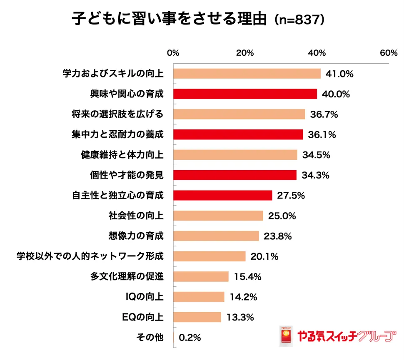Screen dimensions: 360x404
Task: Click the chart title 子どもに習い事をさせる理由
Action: point(169,20)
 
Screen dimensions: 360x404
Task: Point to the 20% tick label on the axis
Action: point(245,53)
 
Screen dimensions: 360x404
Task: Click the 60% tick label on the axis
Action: point(389,53)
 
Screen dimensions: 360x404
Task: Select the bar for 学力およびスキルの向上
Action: point(247,74)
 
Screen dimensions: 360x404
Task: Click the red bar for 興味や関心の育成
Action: point(245,94)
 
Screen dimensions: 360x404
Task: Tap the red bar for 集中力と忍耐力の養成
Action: point(238,134)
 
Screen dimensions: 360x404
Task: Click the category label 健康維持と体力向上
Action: point(122,155)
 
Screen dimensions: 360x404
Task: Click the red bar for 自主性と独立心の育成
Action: point(222,195)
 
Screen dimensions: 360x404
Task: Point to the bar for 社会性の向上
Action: point(218,216)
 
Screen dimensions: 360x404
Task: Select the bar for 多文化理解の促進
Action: point(201,277)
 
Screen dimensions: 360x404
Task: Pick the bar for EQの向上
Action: point(197,318)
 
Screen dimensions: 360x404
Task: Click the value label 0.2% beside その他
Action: point(190,338)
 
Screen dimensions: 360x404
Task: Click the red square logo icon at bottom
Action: point(286,336)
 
